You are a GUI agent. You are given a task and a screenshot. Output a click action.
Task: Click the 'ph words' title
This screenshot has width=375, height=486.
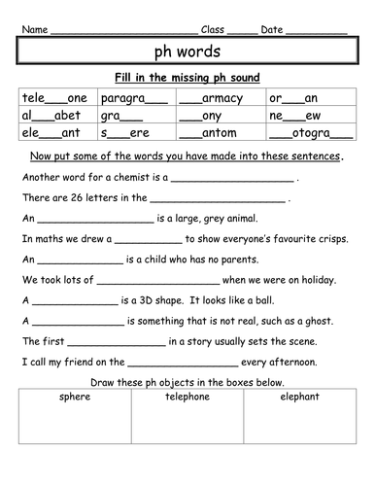(x=187, y=50)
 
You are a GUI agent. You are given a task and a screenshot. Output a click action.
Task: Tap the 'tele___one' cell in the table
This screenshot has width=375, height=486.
(x=54, y=98)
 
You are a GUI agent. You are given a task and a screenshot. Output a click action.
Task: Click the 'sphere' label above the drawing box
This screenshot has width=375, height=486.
(x=74, y=398)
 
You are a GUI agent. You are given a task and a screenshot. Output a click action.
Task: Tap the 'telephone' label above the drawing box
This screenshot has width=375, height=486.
(x=187, y=398)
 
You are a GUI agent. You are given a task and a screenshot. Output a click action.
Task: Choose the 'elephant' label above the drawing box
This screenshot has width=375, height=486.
(x=299, y=398)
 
